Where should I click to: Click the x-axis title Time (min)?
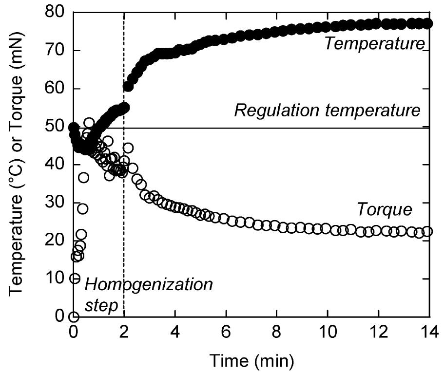click(x=251, y=360)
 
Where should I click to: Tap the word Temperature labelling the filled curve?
click(x=374, y=44)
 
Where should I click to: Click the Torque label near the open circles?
click(x=385, y=210)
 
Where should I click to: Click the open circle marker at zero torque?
click(x=74, y=317)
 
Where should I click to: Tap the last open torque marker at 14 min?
click(x=427, y=231)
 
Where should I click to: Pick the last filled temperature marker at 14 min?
click(x=427, y=23)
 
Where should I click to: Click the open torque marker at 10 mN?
click(x=74, y=279)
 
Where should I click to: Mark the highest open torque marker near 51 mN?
click(x=89, y=123)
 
